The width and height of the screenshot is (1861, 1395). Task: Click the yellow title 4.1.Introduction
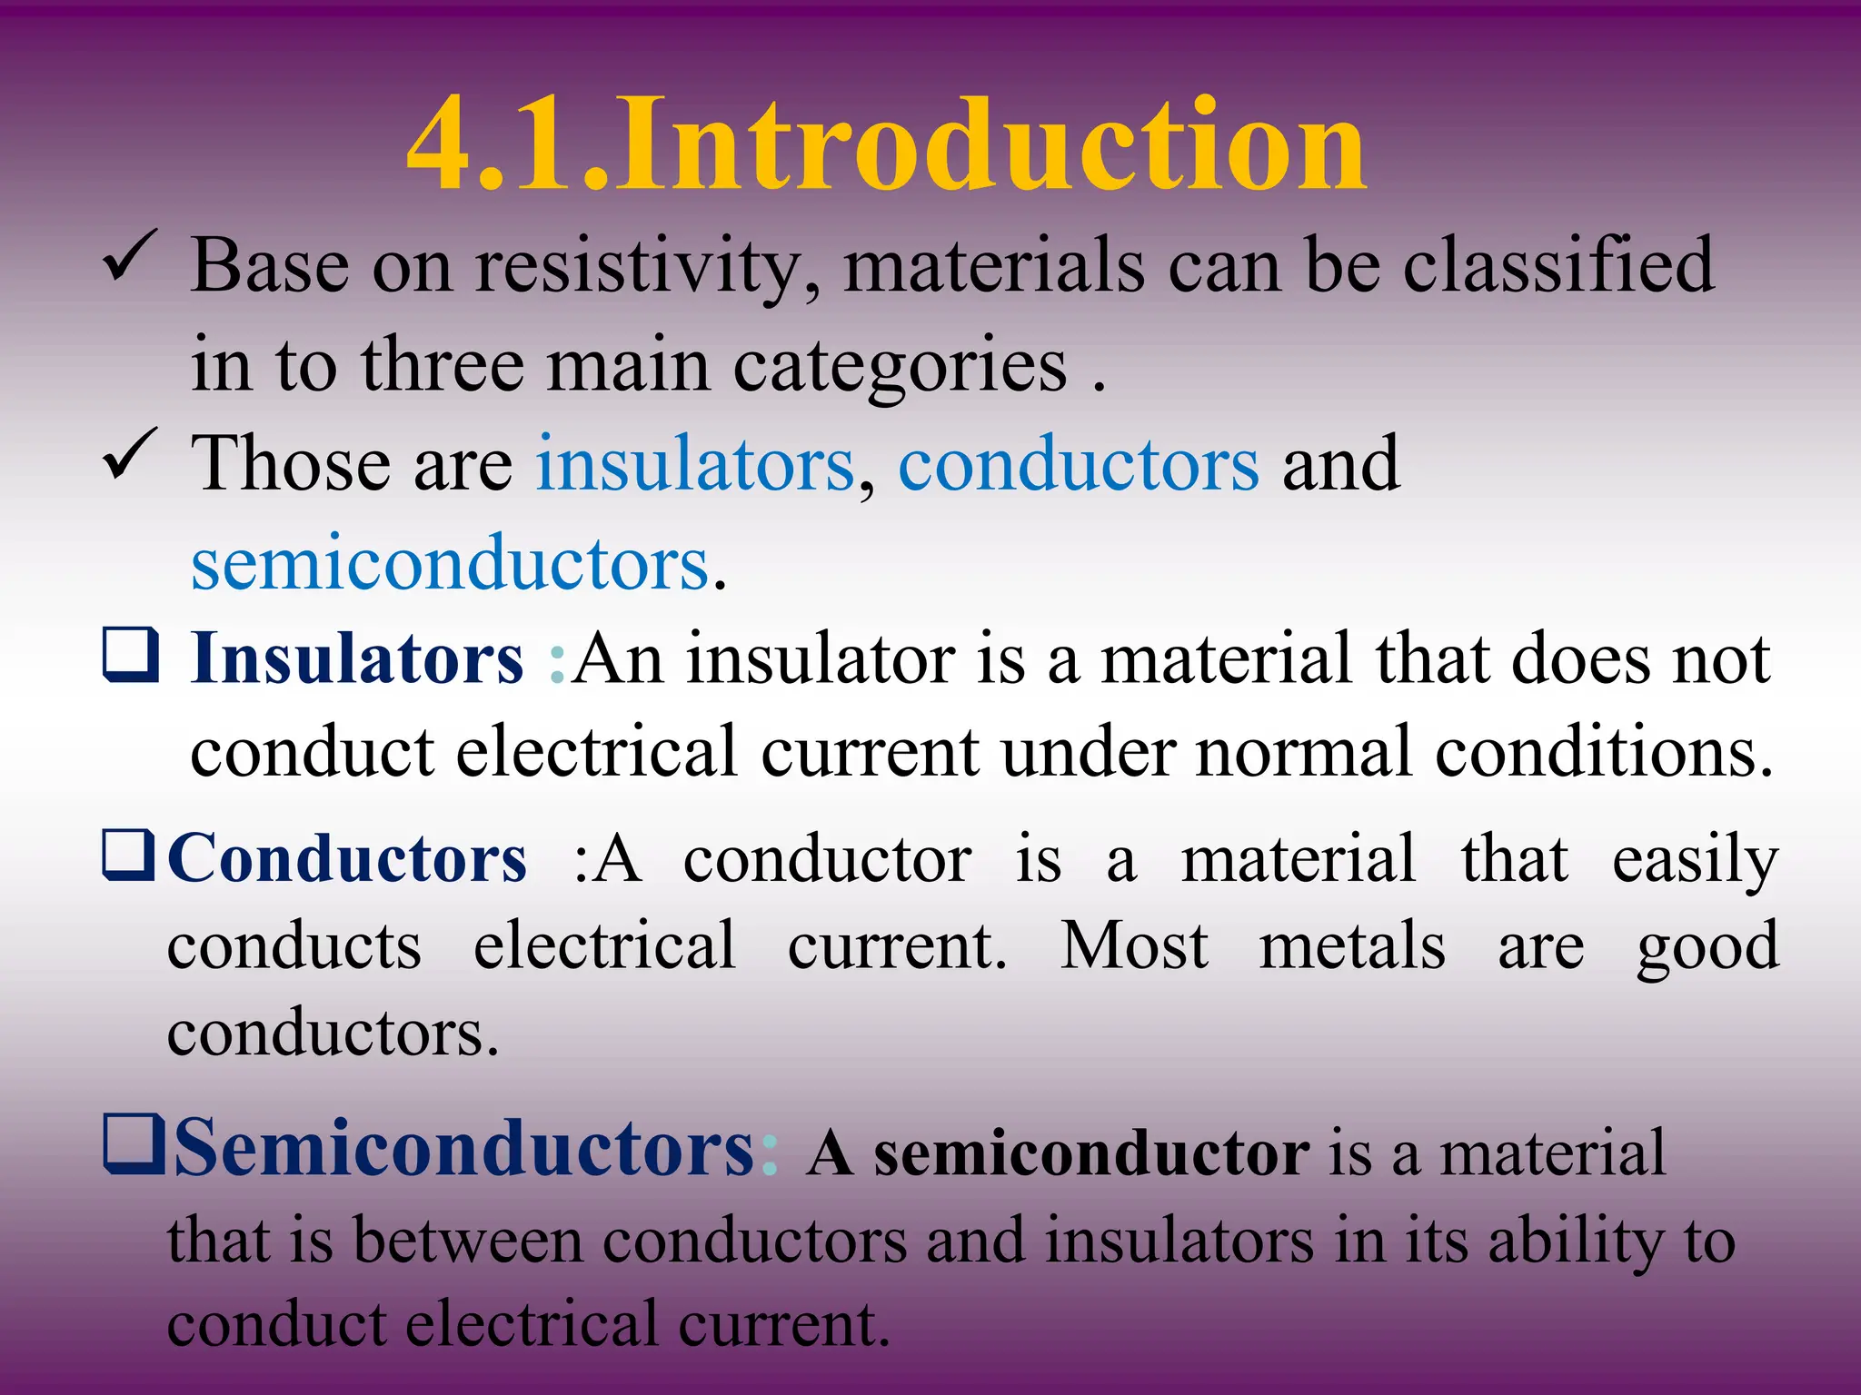click(886, 145)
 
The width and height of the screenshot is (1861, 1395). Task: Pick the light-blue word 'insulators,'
click(695, 465)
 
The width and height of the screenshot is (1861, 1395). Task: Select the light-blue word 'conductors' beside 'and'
click(1079, 465)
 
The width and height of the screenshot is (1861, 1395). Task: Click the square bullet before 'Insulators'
click(131, 655)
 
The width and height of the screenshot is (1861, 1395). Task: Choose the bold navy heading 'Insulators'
click(357, 659)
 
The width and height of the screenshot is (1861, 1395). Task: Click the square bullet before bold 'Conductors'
click(129, 856)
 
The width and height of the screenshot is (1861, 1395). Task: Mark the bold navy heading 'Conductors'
click(347, 859)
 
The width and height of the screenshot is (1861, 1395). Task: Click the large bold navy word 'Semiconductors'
click(463, 1149)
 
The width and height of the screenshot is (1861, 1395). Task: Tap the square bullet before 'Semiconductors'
click(134, 1144)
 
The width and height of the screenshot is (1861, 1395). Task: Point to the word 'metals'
click(1351, 946)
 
